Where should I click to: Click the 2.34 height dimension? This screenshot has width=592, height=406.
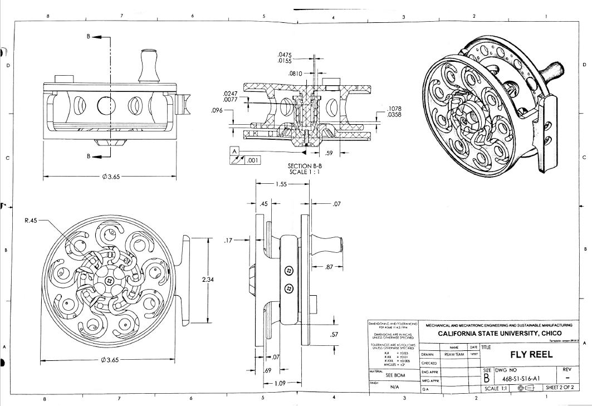point(207,280)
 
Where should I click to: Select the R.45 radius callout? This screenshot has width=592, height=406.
point(31,221)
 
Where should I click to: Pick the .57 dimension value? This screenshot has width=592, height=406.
point(334,334)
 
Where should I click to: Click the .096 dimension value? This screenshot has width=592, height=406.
point(217,110)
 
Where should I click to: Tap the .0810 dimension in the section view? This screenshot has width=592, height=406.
point(295,74)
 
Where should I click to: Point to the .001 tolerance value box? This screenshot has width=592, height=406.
point(252,161)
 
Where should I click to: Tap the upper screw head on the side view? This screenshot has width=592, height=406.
point(289,270)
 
